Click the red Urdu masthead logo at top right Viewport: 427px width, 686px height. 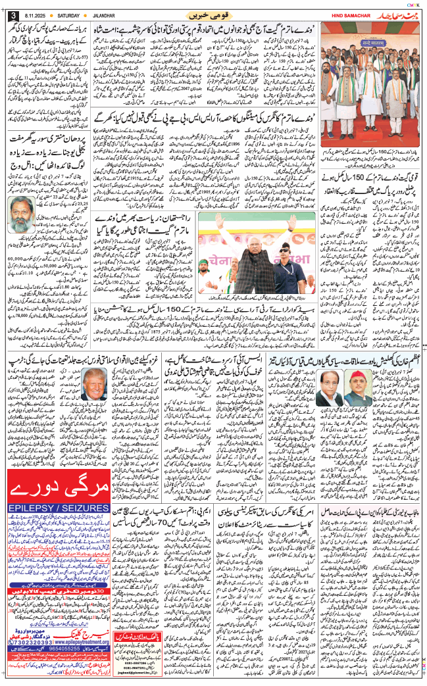(396, 14)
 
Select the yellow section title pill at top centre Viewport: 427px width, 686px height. (213, 14)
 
